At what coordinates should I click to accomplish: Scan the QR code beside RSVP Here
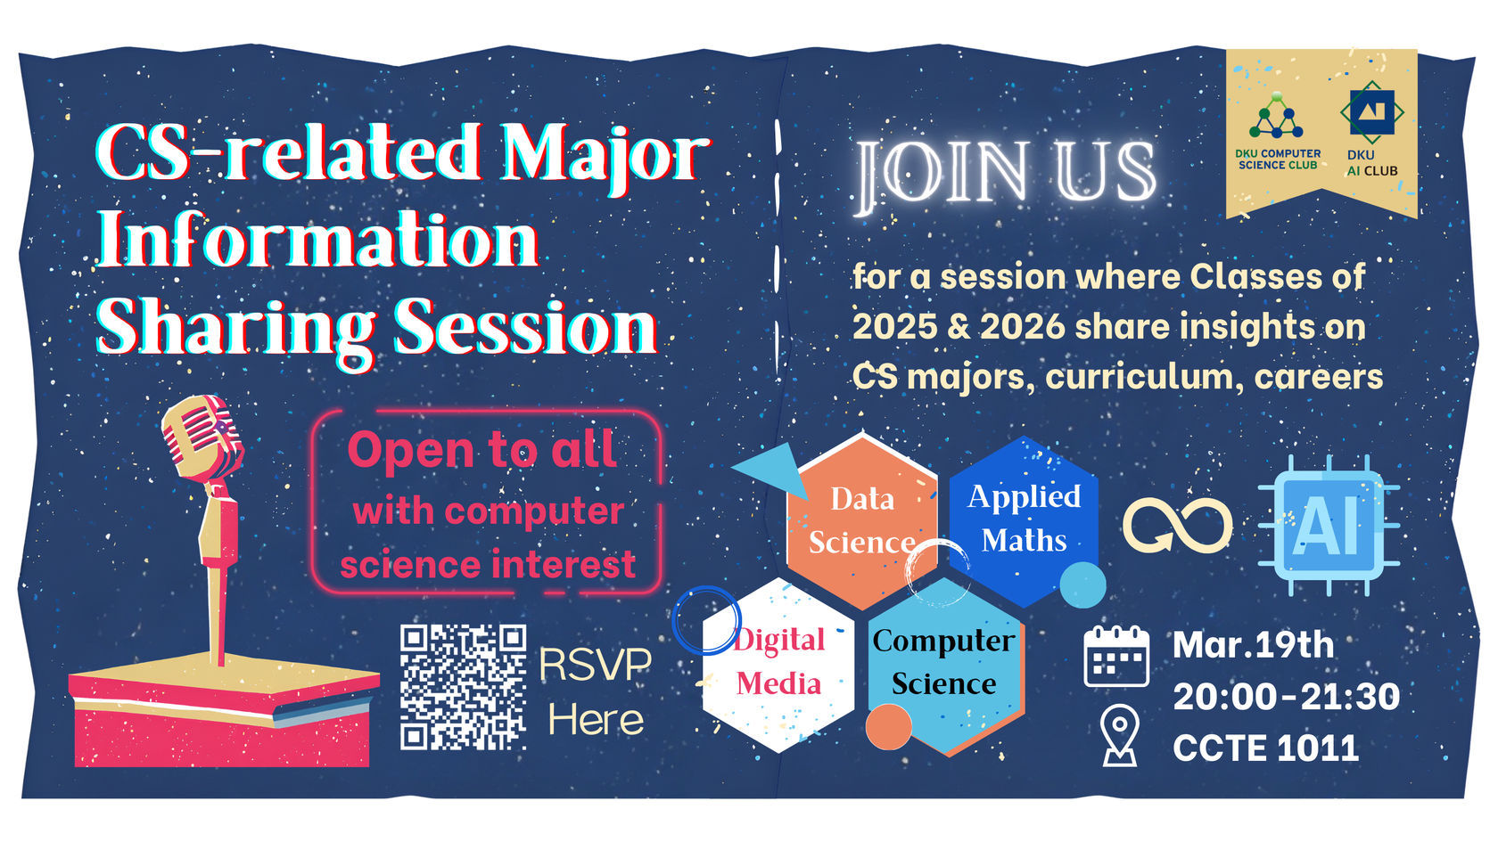[x=463, y=687]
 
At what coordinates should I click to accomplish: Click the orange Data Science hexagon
[x=862, y=521]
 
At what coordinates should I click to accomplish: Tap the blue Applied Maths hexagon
[x=1024, y=521]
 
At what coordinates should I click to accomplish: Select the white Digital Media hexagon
[x=778, y=665]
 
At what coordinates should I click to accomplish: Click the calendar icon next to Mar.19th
[x=1116, y=656]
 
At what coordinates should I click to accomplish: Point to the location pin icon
[x=1120, y=734]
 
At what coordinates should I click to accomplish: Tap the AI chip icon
[x=1329, y=526]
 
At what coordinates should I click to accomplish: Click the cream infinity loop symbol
[x=1177, y=526]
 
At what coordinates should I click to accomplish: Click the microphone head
[x=202, y=436]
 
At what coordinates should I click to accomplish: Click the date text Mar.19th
[x=1253, y=645]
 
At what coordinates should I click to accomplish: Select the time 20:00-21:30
[x=1286, y=697]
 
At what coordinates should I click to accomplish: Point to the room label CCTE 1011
[x=1265, y=748]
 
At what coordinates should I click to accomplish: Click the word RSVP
[x=595, y=665]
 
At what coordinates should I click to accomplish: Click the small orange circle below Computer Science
[x=889, y=727]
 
